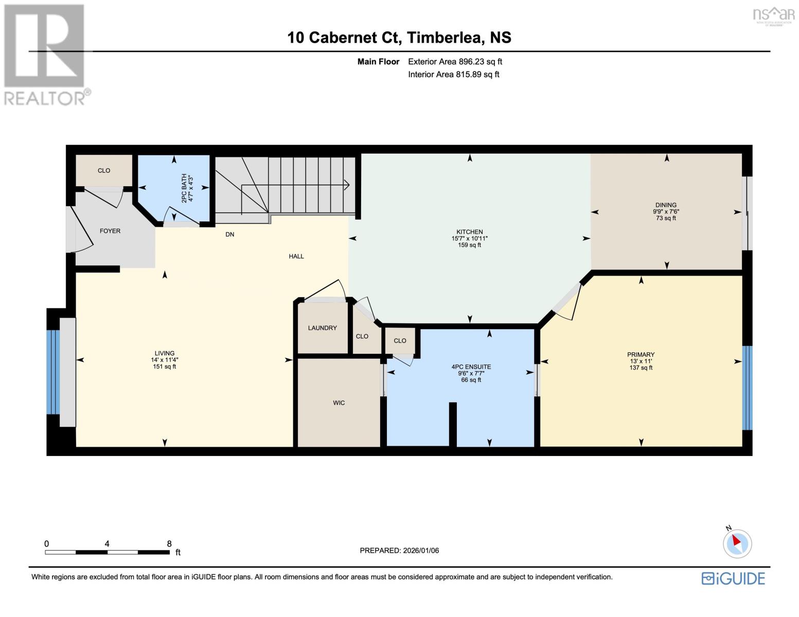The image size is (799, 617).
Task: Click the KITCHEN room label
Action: [469, 232]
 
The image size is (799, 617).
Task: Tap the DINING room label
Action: [666, 205]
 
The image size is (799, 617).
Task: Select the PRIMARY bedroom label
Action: [641, 355]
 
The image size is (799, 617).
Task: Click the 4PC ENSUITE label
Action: [471, 367]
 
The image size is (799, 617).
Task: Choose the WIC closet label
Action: [339, 403]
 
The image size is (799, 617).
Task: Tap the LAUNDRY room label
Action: [322, 328]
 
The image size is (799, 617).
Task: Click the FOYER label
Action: [110, 231]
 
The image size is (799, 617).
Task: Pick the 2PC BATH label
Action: [184, 188]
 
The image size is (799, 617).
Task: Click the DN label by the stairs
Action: [229, 234]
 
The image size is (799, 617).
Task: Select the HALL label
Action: [296, 256]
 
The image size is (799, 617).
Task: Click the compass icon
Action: [737, 543]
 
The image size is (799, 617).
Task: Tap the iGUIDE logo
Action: [733, 578]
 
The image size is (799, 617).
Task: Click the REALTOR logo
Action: [45, 54]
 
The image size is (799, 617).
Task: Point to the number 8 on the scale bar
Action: [169, 543]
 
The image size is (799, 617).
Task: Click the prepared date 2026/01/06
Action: [420, 551]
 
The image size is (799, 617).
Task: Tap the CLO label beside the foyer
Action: [104, 171]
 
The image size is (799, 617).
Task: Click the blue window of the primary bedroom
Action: [747, 388]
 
